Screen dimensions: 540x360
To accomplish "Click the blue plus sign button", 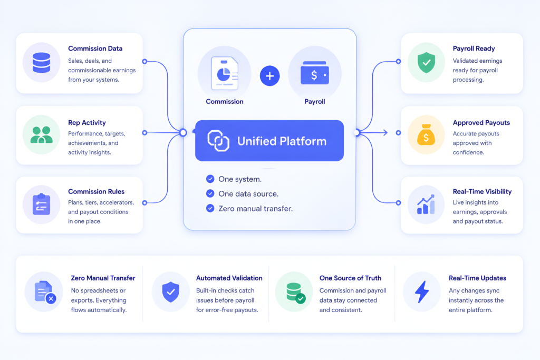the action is (269, 76).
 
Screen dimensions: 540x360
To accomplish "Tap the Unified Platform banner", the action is (269, 140).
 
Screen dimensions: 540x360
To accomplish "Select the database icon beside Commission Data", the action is (41, 63).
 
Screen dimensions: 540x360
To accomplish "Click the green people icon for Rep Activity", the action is (41, 134).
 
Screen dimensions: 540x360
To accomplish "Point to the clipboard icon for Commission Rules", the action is (41, 205).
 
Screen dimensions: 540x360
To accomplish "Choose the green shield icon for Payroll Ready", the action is (426, 63).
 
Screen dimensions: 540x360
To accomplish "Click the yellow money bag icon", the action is (426, 134).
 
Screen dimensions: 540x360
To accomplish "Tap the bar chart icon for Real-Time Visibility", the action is (426, 205).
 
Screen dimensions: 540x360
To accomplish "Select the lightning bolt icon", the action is (422, 292).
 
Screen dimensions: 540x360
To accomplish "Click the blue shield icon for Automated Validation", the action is (171, 292).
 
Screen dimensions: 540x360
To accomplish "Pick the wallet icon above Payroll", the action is (315, 73).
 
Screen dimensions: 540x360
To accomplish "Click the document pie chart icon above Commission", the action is (225, 73).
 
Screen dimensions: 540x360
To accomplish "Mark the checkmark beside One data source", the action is (210, 193).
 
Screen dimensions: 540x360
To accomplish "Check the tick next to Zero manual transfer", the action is (210, 208).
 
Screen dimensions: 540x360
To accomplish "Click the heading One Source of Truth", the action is (350, 278).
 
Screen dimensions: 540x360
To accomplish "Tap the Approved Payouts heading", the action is (481, 123).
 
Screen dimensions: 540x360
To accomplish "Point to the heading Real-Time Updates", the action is (477, 278).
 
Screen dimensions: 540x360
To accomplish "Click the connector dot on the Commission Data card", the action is (144, 62).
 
